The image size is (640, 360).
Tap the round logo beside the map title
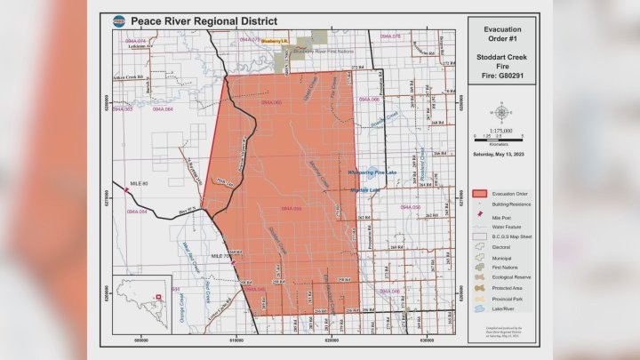pos(117,19)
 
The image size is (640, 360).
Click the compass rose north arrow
pos(503,113)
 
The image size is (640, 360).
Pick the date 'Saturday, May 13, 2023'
pos(503,154)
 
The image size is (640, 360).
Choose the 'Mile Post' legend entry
pos(503,215)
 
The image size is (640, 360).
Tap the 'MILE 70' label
pos(220,255)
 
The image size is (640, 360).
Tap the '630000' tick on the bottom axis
pos(427,339)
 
